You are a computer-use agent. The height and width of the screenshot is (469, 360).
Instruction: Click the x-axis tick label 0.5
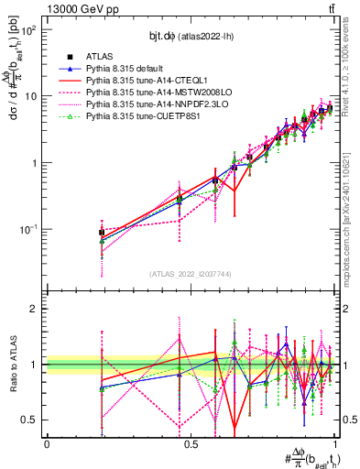(x=191, y=442)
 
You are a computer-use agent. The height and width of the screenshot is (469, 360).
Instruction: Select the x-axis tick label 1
(x=335, y=442)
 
